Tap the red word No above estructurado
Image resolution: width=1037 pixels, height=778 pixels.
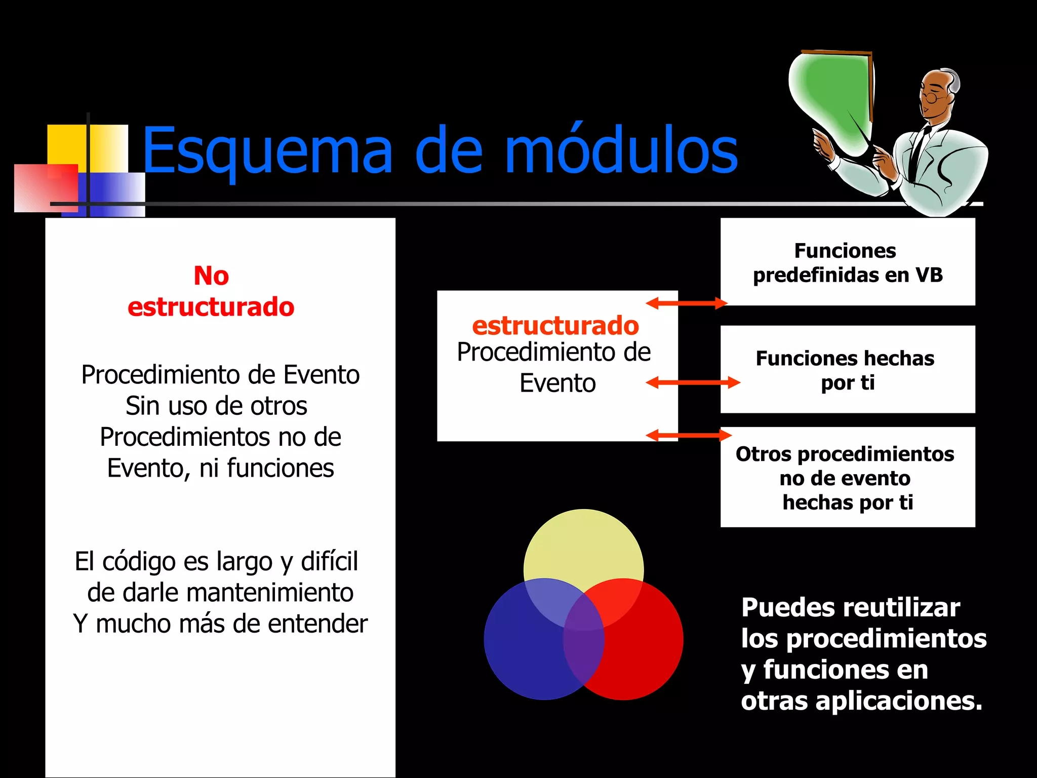[x=211, y=276]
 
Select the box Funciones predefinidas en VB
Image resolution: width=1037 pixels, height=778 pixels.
[x=848, y=262]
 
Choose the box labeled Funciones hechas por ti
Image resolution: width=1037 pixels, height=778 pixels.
[x=848, y=370]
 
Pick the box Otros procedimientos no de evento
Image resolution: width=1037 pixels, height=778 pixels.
[x=848, y=478]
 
